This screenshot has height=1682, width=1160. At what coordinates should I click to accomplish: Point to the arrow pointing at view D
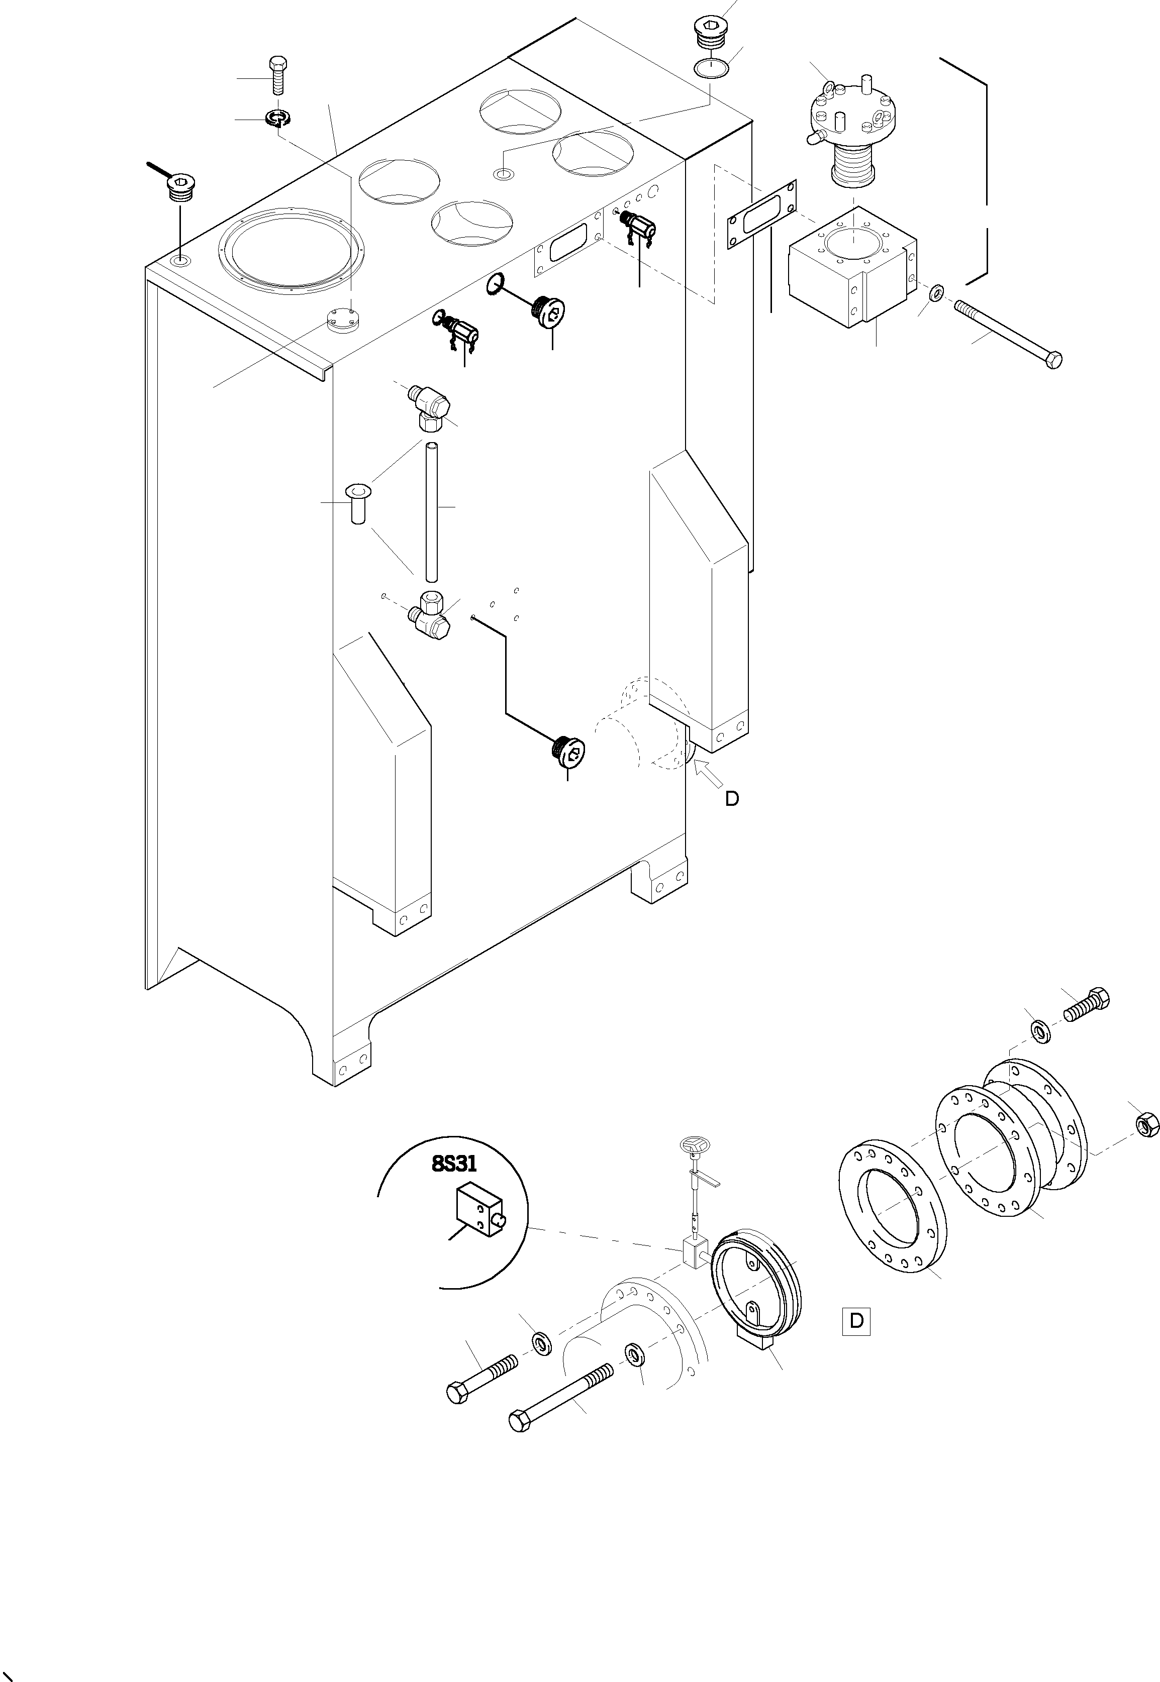(x=709, y=773)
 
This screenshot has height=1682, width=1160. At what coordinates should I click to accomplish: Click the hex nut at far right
(x=1145, y=1125)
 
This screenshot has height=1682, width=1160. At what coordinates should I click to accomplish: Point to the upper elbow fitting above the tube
(x=430, y=403)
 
